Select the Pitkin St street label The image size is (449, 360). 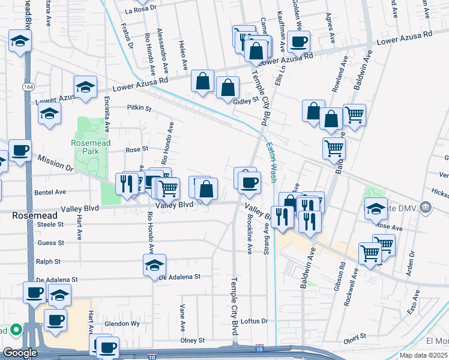pos(139,109)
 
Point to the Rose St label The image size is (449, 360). pos(136,149)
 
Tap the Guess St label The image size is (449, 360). pos(50,243)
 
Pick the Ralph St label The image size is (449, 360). pos(49,262)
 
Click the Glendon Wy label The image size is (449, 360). pos(122,323)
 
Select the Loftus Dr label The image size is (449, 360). pos(254,321)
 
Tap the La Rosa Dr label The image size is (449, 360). pos(140,10)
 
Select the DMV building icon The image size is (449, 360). pos(426,207)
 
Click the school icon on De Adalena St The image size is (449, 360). pos(154,263)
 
